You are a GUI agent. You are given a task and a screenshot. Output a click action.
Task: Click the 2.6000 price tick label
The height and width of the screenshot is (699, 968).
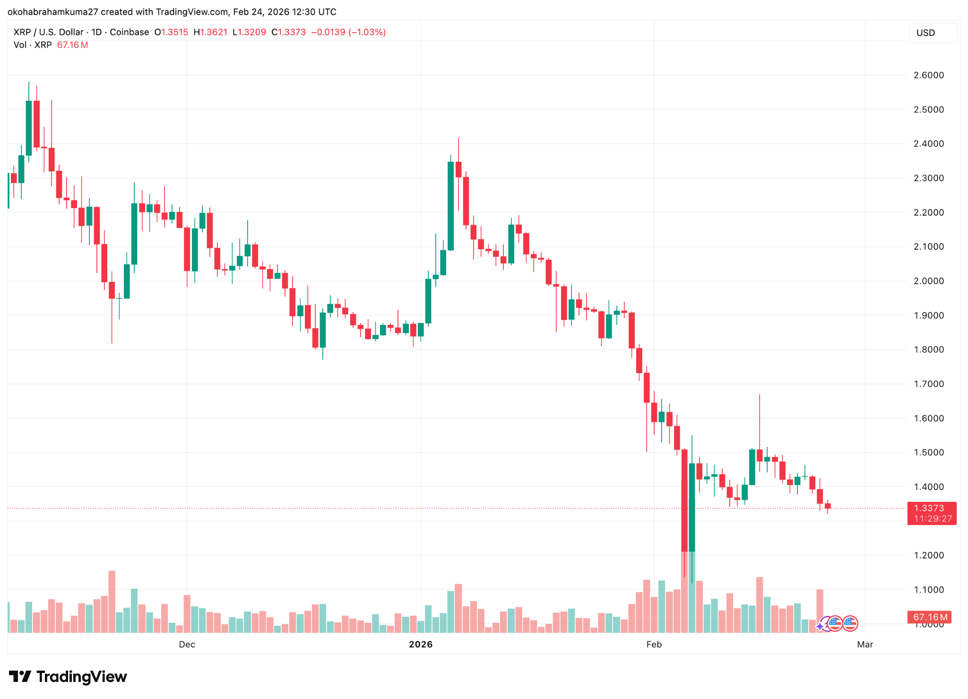(928, 75)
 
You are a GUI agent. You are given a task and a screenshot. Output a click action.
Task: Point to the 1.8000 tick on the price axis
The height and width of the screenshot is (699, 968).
(928, 349)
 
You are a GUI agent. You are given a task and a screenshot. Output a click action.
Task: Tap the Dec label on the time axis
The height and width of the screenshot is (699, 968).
(187, 644)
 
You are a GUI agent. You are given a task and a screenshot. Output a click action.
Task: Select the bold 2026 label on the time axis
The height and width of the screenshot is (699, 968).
(420, 644)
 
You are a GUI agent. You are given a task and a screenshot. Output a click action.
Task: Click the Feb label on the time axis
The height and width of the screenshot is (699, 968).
(654, 644)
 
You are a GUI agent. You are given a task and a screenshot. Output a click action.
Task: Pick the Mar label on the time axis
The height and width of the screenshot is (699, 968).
(864, 644)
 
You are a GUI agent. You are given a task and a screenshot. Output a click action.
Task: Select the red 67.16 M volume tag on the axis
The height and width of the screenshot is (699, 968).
(929, 617)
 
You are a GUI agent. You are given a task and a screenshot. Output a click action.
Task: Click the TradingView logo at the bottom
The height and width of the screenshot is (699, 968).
(68, 676)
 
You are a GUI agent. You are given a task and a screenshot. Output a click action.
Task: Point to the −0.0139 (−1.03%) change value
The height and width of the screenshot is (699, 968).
(348, 32)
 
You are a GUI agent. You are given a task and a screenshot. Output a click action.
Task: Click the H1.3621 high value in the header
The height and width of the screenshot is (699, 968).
(210, 32)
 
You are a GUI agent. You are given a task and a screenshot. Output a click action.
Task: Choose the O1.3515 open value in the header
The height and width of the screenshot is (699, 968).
(171, 32)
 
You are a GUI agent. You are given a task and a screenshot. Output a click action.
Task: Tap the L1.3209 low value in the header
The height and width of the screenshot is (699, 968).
(249, 32)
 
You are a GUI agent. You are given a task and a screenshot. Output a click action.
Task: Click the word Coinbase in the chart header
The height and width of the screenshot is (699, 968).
(129, 32)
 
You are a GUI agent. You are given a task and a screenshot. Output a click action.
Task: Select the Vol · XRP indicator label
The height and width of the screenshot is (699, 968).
(33, 45)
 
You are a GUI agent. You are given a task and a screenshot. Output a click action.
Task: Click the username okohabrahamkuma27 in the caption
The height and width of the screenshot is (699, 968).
(52, 12)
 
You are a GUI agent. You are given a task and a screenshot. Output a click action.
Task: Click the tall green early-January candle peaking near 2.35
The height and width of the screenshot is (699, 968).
(450, 206)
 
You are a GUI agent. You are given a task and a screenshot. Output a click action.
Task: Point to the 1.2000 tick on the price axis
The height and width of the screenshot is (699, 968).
(928, 555)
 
